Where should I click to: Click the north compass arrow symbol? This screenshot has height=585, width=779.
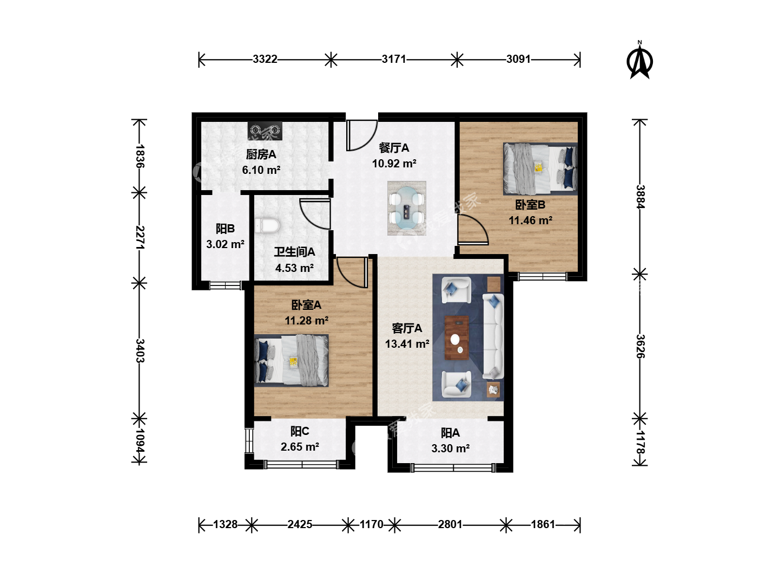tap(639, 60)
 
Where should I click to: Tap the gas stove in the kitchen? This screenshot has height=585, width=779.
tap(265, 131)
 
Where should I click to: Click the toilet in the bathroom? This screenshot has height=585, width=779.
tap(267, 225)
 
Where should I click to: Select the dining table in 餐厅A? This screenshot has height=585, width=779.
tap(407, 208)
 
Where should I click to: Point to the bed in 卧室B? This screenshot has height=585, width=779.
tap(540, 168)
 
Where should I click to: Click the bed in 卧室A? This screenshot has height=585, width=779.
tap(292, 361)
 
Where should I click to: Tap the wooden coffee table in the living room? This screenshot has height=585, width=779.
tap(457, 338)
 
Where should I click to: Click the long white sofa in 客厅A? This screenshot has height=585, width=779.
tap(493, 336)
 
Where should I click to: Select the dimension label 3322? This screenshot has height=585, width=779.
tap(265, 59)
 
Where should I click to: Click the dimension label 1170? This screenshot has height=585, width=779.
tap(371, 524)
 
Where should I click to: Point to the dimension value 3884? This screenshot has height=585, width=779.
tap(640, 197)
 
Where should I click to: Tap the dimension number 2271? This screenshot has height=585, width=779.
tap(140, 238)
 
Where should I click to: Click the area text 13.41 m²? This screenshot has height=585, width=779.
tap(407, 344)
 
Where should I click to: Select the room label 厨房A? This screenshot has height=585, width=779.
tap(261, 154)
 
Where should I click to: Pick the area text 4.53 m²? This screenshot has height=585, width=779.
tap(294, 268)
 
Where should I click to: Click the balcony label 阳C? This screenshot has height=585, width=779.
tap(300, 431)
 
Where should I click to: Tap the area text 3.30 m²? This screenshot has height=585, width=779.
tap(451, 448)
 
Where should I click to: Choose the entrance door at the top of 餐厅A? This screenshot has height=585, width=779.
tap(361, 135)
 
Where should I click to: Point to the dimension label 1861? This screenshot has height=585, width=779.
tap(543, 524)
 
